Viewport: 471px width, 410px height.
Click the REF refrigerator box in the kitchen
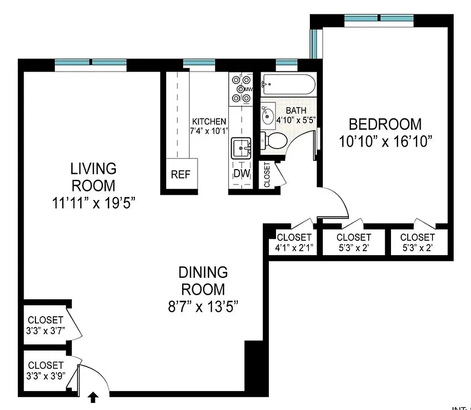(x=181, y=174)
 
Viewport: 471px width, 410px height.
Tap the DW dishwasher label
(x=241, y=174)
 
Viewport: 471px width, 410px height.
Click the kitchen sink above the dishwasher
(x=241, y=149)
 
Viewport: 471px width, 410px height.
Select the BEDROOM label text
(x=385, y=124)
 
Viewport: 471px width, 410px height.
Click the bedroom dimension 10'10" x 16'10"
(x=385, y=141)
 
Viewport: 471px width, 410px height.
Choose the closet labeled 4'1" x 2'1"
(x=293, y=242)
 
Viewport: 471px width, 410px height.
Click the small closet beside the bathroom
(x=267, y=175)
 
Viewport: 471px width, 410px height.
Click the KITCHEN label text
(x=209, y=121)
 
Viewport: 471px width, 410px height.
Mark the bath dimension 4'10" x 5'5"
(x=296, y=120)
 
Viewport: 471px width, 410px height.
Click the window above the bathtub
(x=283, y=64)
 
